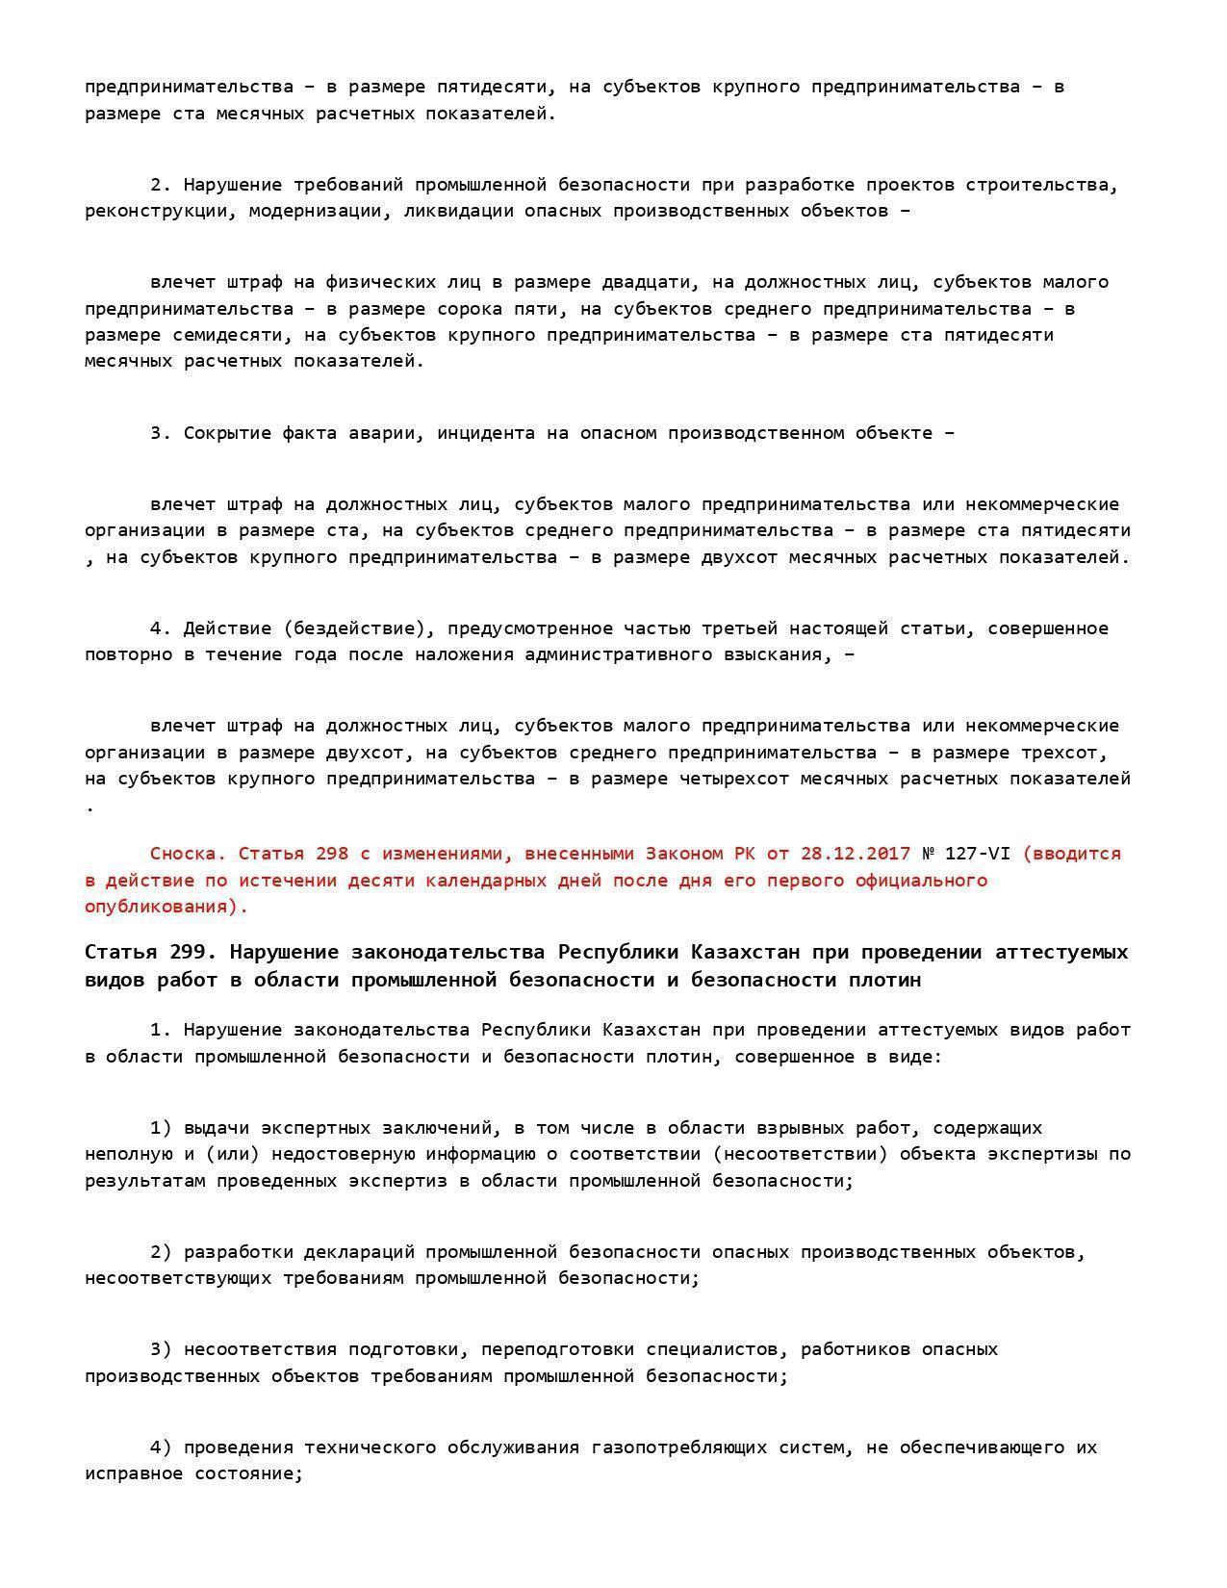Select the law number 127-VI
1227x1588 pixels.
click(x=978, y=854)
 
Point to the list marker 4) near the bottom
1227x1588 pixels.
click(x=161, y=1447)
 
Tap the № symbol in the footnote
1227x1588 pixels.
click(x=928, y=854)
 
